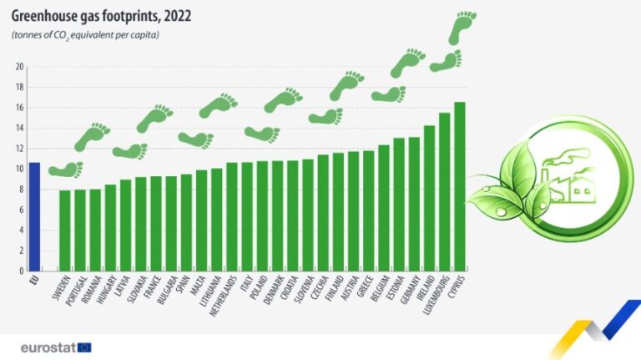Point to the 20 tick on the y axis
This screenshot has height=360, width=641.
(18, 67)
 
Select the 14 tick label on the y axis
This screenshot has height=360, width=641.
(18, 128)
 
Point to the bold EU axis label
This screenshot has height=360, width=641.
(34, 281)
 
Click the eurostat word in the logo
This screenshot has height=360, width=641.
(48, 346)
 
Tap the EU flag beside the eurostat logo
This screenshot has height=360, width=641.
(84, 346)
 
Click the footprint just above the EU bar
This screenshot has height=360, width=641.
(66, 170)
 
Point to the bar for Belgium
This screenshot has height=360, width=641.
(384, 208)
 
